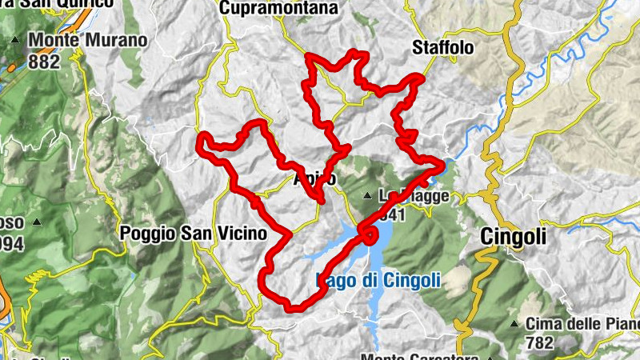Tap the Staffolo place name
point(442,48)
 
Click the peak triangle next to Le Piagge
point(366,196)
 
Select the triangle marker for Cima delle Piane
point(514,324)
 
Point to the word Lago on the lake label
point(337,280)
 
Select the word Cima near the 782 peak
point(545,324)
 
